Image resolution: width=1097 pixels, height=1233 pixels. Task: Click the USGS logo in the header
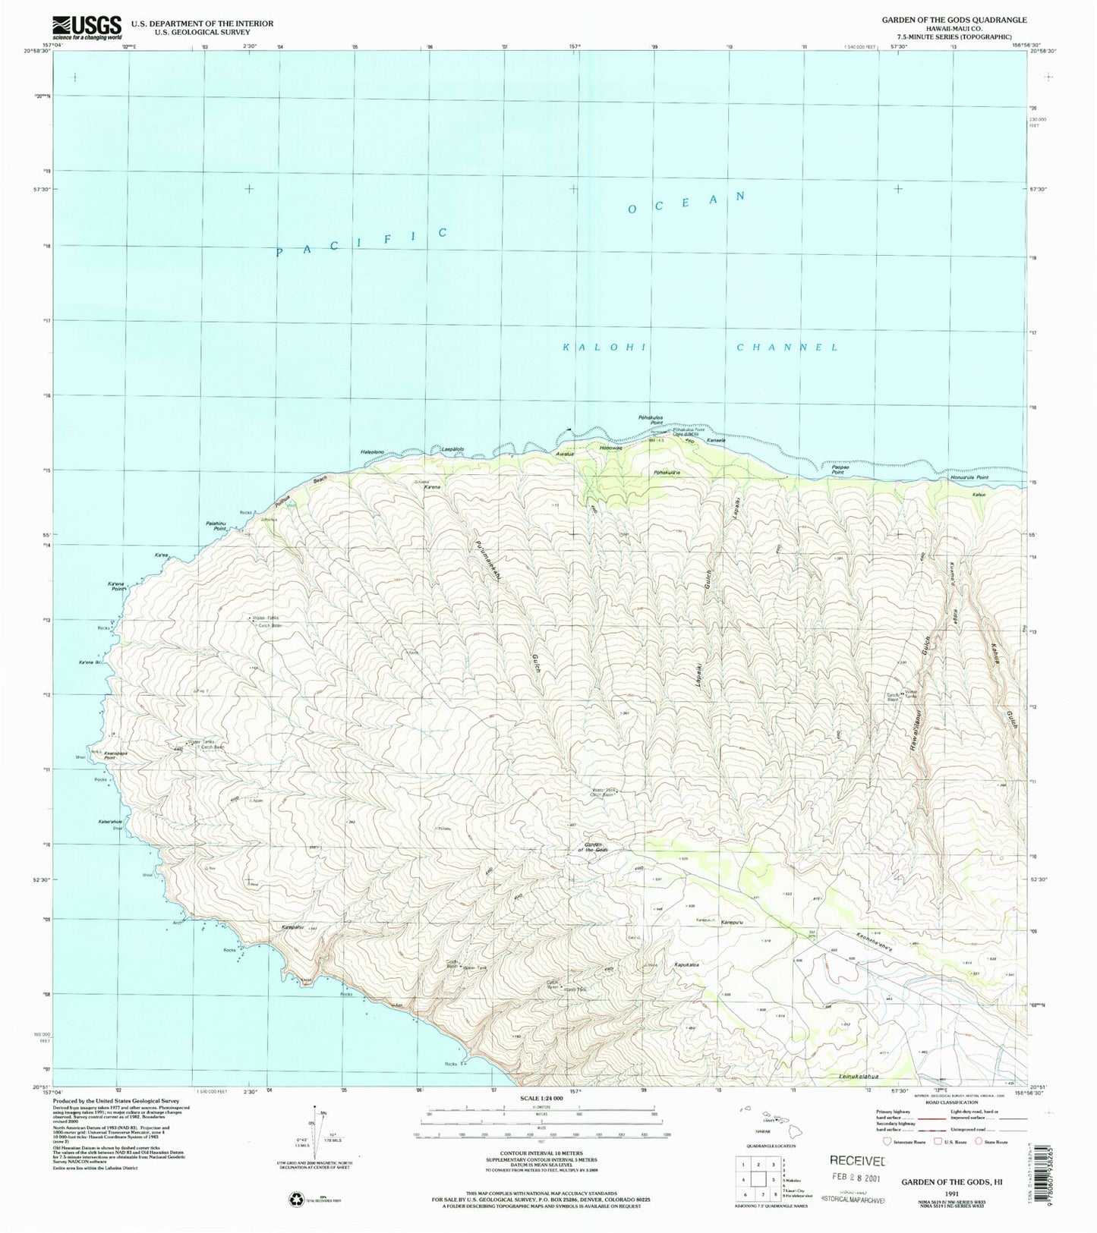(87, 27)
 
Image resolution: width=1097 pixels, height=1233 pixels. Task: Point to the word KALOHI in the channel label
(604, 347)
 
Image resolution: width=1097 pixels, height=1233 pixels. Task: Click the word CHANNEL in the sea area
(787, 348)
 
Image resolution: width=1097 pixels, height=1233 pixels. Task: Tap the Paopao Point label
(838, 470)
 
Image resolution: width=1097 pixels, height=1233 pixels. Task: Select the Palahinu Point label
(216, 524)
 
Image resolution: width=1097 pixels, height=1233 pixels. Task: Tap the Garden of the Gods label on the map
(596, 847)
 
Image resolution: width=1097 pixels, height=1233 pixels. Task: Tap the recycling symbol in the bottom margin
(295, 1200)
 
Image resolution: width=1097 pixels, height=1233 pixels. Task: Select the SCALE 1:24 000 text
(541, 1098)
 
